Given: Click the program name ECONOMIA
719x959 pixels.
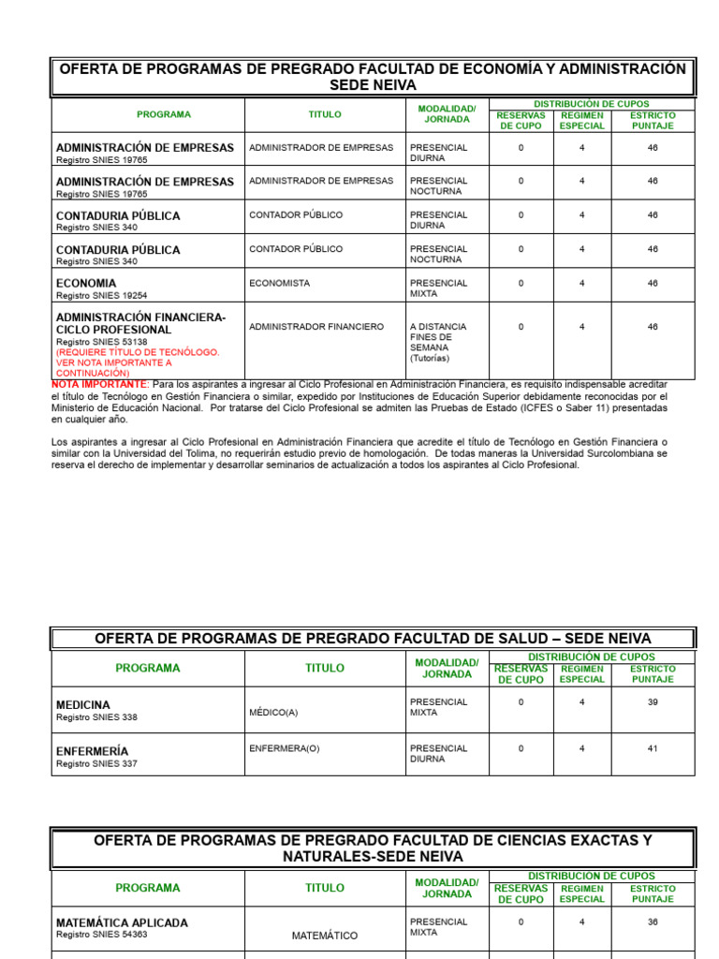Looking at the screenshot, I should pyautogui.click(x=86, y=283).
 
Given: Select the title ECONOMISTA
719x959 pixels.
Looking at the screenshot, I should pyautogui.click(x=279, y=283).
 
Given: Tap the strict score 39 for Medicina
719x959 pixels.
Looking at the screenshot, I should pyautogui.click(x=652, y=701).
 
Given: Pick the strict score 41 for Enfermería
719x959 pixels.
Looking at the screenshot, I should pyautogui.click(x=652, y=748).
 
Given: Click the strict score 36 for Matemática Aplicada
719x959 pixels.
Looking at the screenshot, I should pyautogui.click(x=652, y=922).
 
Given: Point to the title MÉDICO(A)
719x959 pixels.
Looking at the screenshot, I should pyautogui.click(x=273, y=713).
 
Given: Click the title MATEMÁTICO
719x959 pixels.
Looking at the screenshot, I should pyautogui.click(x=324, y=936).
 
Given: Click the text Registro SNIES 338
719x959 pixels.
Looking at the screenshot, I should pyautogui.click(x=96, y=717).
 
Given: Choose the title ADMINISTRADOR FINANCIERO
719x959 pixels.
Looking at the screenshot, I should pyautogui.click(x=316, y=327).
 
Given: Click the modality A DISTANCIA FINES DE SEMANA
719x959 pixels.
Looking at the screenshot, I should pyautogui.click(x=431, y=342).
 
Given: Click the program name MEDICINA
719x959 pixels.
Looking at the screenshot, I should pyautogui.click(x=82, y=704).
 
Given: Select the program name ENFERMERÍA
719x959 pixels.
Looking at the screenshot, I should pyautogui.click(x=92, y=751).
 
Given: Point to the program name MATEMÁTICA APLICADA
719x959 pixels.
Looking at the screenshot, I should pyautogui.click(x=122, y=922).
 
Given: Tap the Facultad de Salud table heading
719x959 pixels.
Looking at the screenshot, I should pyautogui.click(x=373, y=639).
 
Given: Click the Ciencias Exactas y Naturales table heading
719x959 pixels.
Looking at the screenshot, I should pyautogui.click(x=373, y=848).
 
